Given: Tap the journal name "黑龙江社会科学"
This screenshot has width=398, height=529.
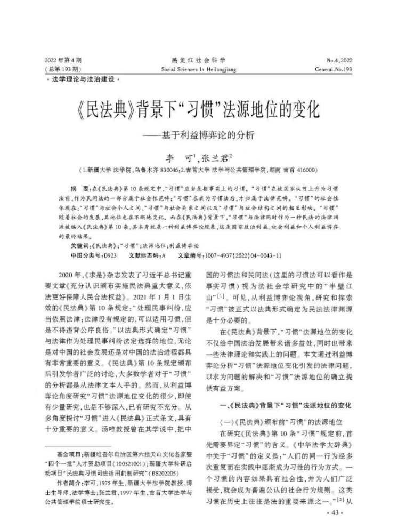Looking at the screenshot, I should coord(199,61).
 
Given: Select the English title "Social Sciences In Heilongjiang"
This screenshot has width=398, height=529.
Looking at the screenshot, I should coord(199,69).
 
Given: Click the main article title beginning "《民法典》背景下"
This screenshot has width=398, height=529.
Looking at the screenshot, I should coord(198,110).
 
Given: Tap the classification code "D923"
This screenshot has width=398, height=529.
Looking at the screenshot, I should coord(109,255).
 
